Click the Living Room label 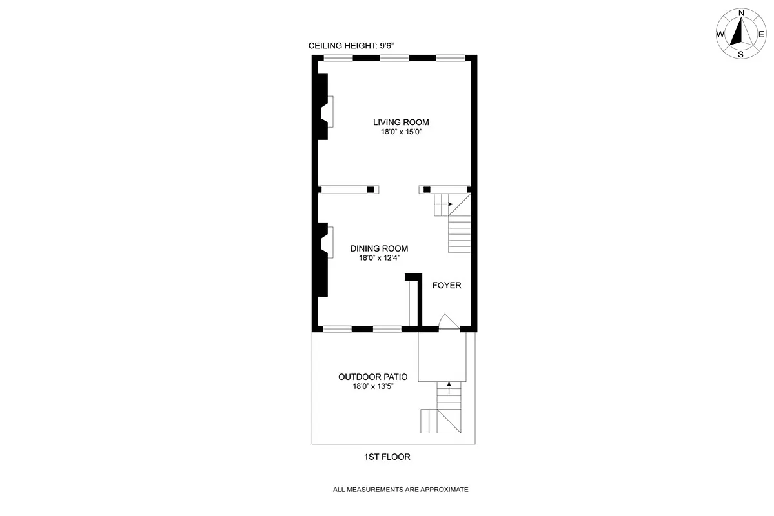click(401, 122)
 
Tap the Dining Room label click(379, 248)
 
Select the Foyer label click(447, 285)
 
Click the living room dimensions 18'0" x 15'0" click(401, 132)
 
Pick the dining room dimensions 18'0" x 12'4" click(379, 258)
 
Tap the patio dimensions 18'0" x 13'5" click(372, 387)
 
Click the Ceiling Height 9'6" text click(352, 46)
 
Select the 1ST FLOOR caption click(387, 457)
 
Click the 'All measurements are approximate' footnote click(400, 490)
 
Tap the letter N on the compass click(741, 12)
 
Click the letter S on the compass click(741, 54)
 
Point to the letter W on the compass click(720, 34)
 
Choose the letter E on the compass click(762, 34)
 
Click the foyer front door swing click(448, 322)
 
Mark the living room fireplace click(328, 112)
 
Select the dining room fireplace click(327, 242)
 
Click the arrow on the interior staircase click(450, 204)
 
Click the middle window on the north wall click(394, 58)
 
